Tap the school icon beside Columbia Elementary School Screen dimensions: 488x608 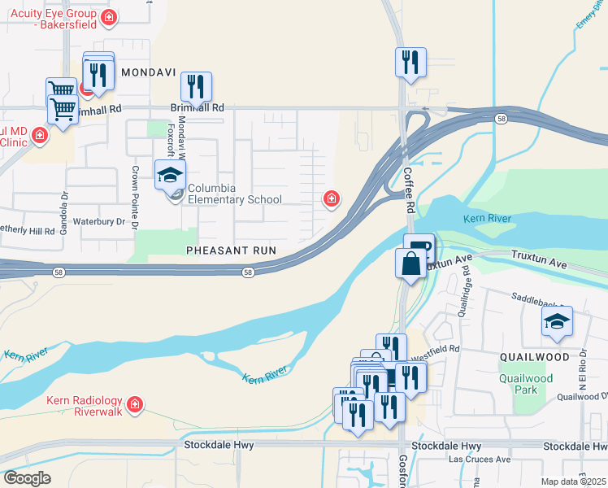[171, 175]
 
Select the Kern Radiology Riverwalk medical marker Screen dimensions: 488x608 [135, 403]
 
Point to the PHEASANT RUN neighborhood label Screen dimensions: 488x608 [232, 251]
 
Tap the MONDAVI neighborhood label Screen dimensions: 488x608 [149, 72]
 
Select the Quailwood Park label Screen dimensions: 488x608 [526, 384]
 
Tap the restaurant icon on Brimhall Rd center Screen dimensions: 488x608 [196, 86]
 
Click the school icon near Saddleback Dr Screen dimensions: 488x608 [557, 322]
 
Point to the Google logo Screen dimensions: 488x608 [27, 478]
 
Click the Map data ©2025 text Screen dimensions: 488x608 [574, 481]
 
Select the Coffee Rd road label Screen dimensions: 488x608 [408, 191]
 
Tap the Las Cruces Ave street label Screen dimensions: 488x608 [480, 460]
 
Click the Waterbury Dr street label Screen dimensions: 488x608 [98, 221]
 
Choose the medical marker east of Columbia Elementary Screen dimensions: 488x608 [331, 198]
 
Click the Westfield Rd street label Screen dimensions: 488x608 [436, 348]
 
